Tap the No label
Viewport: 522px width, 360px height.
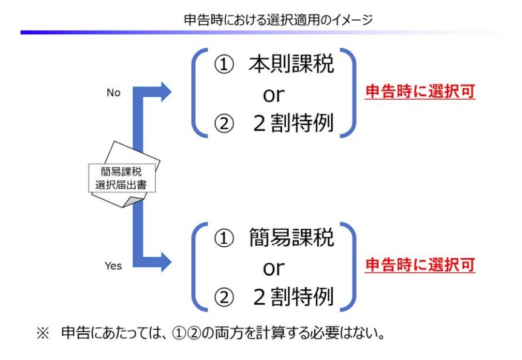[113, 93]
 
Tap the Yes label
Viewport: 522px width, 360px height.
[113, 266]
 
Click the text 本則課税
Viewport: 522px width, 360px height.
[291, 65]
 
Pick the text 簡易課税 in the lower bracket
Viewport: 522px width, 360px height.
[291, 238]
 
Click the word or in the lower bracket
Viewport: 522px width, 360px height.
[273, 267]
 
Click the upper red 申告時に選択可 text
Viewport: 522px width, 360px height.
[420, 92]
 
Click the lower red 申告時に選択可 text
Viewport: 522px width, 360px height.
[420, 265]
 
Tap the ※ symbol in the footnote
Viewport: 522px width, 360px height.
[42, 333]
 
